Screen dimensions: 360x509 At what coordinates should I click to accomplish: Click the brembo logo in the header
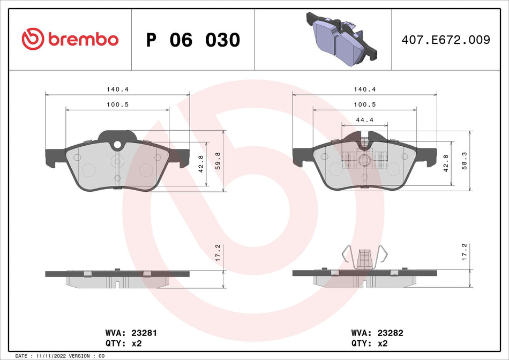pos(70,39)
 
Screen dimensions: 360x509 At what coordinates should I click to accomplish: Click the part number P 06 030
pos(193,40)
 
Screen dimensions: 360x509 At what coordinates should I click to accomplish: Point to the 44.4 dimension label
pos(364,120)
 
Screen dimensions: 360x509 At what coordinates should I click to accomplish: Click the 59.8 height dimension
pos(218,161)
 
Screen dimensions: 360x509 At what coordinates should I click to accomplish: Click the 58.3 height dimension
pos(465,161)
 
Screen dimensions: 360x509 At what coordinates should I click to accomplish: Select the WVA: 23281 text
pos(130,333)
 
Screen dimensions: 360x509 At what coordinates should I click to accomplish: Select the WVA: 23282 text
pos(377,333)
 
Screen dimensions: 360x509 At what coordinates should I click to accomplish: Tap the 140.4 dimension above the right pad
pos(364,89)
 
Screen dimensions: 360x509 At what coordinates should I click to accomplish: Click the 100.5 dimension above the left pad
pos(117,105)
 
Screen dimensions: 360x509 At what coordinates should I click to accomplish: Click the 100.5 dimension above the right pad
pos(364,105)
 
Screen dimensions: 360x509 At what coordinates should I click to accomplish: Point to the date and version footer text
pos(60,356)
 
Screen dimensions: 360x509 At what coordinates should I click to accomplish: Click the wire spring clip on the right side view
pos(365,256)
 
